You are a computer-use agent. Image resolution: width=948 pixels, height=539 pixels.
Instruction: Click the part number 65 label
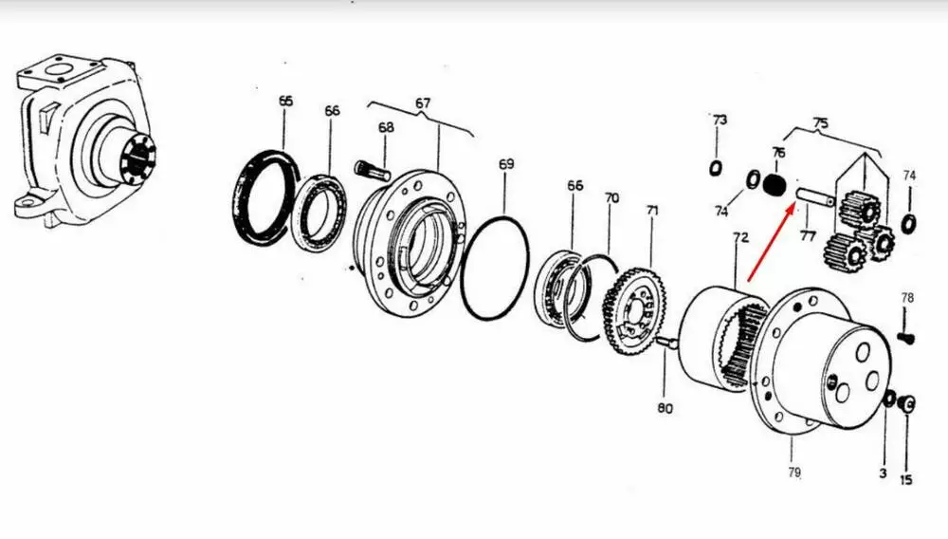tap(286, 101)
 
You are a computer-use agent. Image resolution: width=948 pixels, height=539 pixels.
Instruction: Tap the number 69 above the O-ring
tap(506, 164)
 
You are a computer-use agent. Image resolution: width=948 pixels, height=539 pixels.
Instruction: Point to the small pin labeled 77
tap(816, 197)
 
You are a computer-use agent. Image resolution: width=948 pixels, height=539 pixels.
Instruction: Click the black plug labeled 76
tap(774, 184)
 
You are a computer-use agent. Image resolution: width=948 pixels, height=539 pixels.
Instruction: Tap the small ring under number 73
tap(716, 168)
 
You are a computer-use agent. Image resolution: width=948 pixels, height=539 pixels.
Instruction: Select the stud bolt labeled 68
tap(373, 169)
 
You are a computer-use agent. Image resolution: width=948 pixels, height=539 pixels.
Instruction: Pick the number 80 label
tap(665, 408)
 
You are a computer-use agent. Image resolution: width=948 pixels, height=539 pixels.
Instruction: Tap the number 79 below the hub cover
tap(794, 472)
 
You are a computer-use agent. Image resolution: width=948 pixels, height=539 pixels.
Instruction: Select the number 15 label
tap(905, 480)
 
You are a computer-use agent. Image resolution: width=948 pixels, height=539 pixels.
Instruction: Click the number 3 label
tap(883, 474)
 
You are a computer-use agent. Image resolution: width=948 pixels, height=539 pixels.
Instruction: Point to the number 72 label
tap(740, 238)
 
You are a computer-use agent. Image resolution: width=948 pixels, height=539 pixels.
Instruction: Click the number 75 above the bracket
tap(820, 122)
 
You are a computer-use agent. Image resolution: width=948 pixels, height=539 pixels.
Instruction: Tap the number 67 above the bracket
tap(423, 103)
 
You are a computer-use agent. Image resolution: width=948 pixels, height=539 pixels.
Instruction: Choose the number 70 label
tap(611, 197)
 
